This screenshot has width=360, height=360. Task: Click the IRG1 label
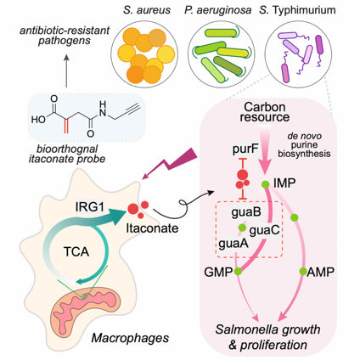pyautogui.click(x=90, y=206)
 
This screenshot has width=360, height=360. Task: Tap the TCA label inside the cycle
pyautogui.click(x=76, y=251)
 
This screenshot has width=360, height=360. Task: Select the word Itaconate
pyautogui.click(x=152, y=228)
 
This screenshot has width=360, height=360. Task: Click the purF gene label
pyautogui.click(x=245, y=149)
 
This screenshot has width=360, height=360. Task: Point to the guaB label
pyautogui.click(x=246, y=212)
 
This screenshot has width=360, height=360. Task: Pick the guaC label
pyautogui.click(x=264, y=230)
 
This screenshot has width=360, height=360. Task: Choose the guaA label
pyautogui.click(x=233, y=243)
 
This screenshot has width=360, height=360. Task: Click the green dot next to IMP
pyautogui.click(x=265, y=184)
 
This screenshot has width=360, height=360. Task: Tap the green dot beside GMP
pyautogui.click(x=238, y=271)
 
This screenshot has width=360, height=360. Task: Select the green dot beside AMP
pyautogui.click(x=303, y=272)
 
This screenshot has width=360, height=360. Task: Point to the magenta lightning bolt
pyautogui.click(x=173, y=162)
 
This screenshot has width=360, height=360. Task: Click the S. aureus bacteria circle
pyautogui.click(x=144, y=53)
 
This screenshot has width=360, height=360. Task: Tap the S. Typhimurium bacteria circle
pyautogui.click(x=299, y=53)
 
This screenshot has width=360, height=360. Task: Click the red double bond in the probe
pyautogui.click(x=66, y=126)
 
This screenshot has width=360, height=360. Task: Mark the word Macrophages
pyautogui.click(x=130, y=338)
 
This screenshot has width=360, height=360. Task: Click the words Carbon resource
pyautogui.click(x=265, y=112)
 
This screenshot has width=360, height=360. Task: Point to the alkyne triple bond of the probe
pyautogui.click(x=132, y=110)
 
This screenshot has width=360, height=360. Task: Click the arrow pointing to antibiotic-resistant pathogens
pyautogui.click(x=66, y=70)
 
